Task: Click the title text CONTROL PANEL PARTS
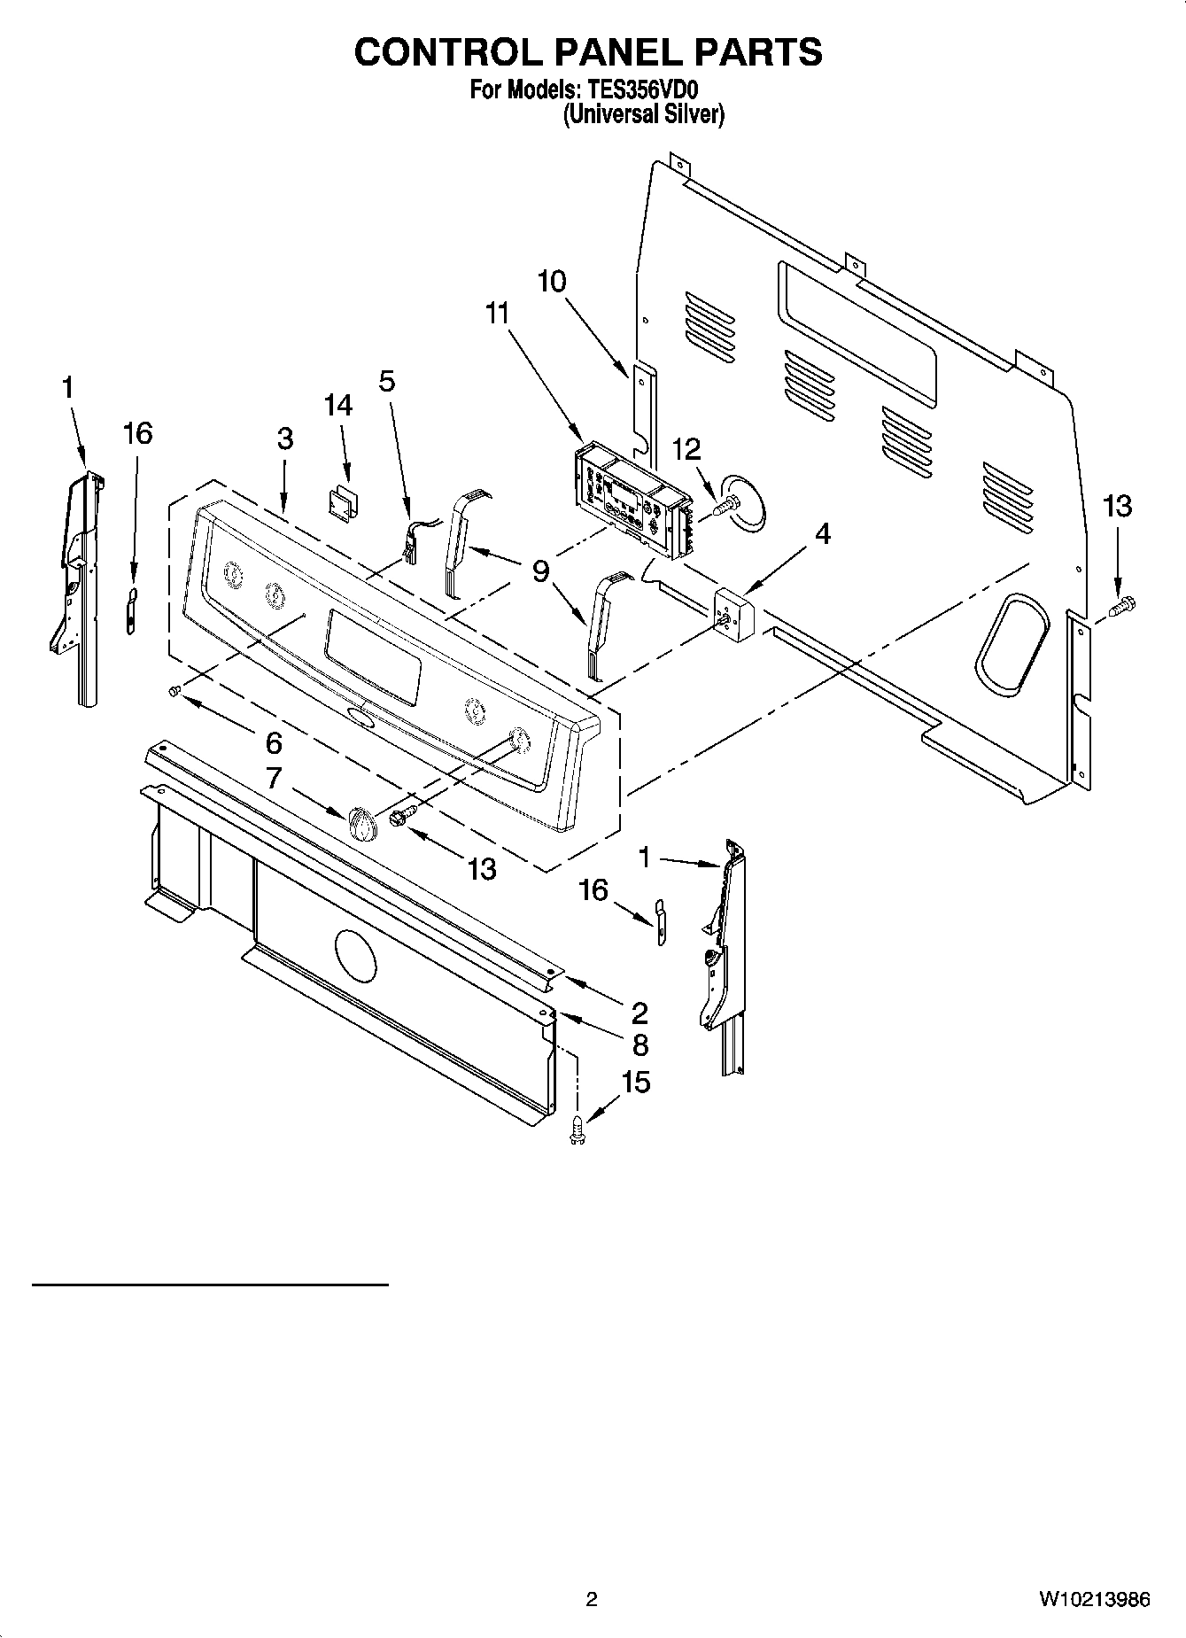(x=588, y=52)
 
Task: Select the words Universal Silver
(x=644, y=114)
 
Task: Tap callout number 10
(x=551, y=282)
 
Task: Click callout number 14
(x=337, y=406)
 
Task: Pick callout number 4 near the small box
(x=822, y=533)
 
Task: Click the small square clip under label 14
(x=340, y=503)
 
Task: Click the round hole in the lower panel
(x=355, y=956)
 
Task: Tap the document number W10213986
(x=1095, y=1599)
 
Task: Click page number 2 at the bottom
(x=592, y=1599)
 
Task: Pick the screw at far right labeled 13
(x=1122, y=607)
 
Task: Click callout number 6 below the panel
(x=274, y=742)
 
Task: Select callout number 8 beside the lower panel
(x=640, y=1044)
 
